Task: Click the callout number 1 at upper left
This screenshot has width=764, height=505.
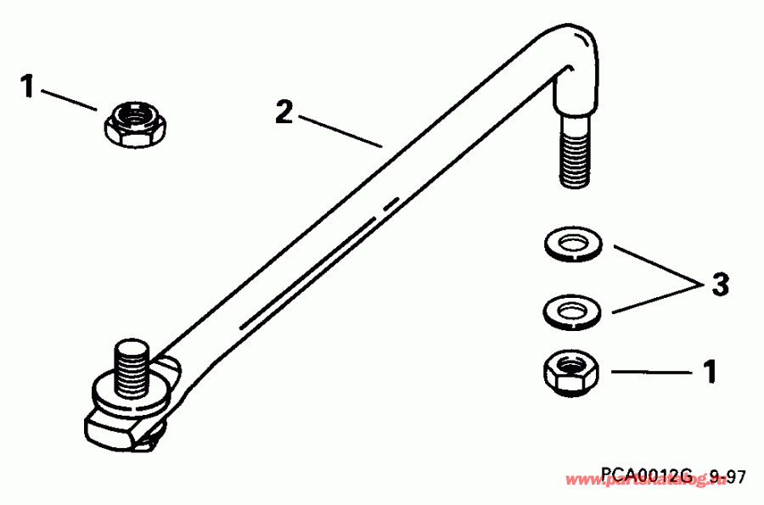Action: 28,87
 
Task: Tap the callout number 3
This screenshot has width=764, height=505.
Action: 720,284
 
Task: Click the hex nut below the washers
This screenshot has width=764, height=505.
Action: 570,373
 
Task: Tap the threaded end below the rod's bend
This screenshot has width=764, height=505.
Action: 574,157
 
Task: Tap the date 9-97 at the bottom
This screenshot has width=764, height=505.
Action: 727,478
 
